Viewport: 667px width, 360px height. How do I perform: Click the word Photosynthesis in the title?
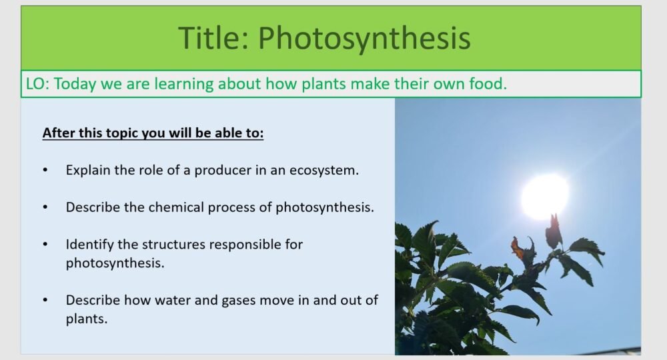click(364, 38)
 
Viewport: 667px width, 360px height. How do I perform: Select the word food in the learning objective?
click(489, 84)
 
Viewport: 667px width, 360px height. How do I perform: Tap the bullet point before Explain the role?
click(45, 170)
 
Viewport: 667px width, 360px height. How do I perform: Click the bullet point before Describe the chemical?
click(45, 207)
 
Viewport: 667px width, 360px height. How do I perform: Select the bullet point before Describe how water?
click(45, 301)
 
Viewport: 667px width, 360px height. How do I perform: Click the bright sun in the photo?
click(544, 195)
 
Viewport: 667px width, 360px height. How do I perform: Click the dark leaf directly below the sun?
click(554, 232)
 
